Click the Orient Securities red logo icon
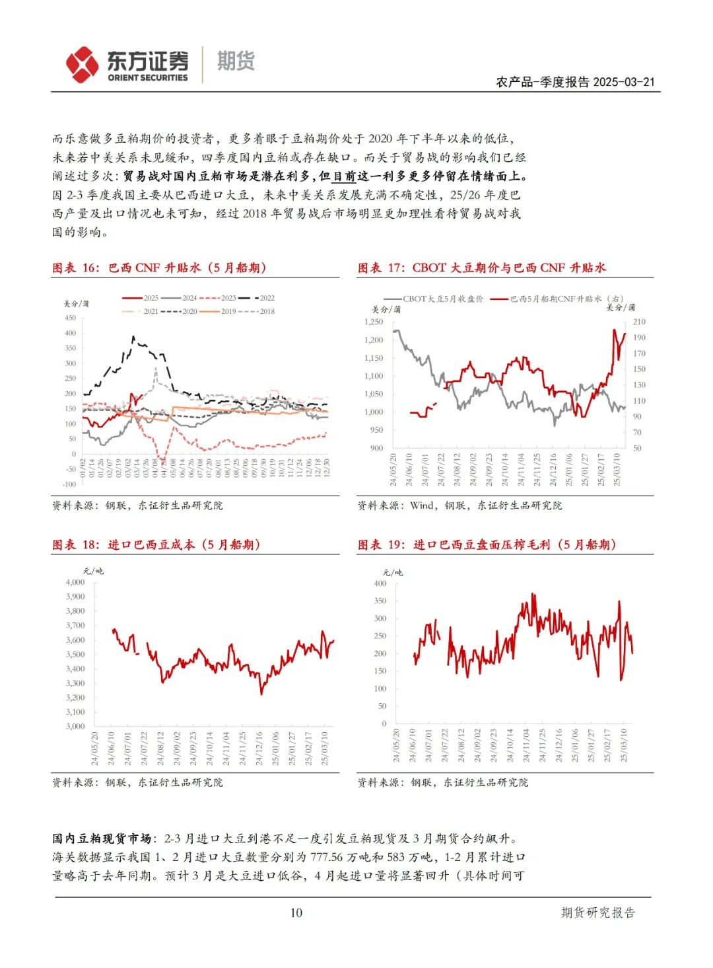[83, 64]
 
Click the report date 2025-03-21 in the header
[623, 82]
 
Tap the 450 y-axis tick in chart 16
[70, 318]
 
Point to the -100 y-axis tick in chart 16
[69, 484]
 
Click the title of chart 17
[481, 268]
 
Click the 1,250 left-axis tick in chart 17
[374, 322]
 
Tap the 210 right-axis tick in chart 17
[639, 322]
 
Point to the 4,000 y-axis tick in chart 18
[75, 582]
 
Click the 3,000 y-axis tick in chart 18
[75, 726]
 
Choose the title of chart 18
[156, 544]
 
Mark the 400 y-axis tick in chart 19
[380, 583]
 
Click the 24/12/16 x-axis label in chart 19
[559, 745]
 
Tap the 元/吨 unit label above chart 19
[393, 572]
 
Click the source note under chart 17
[459, 505]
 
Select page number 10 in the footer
[296, 912]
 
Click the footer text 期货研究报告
[597, 912]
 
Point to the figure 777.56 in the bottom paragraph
[327, 857]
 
